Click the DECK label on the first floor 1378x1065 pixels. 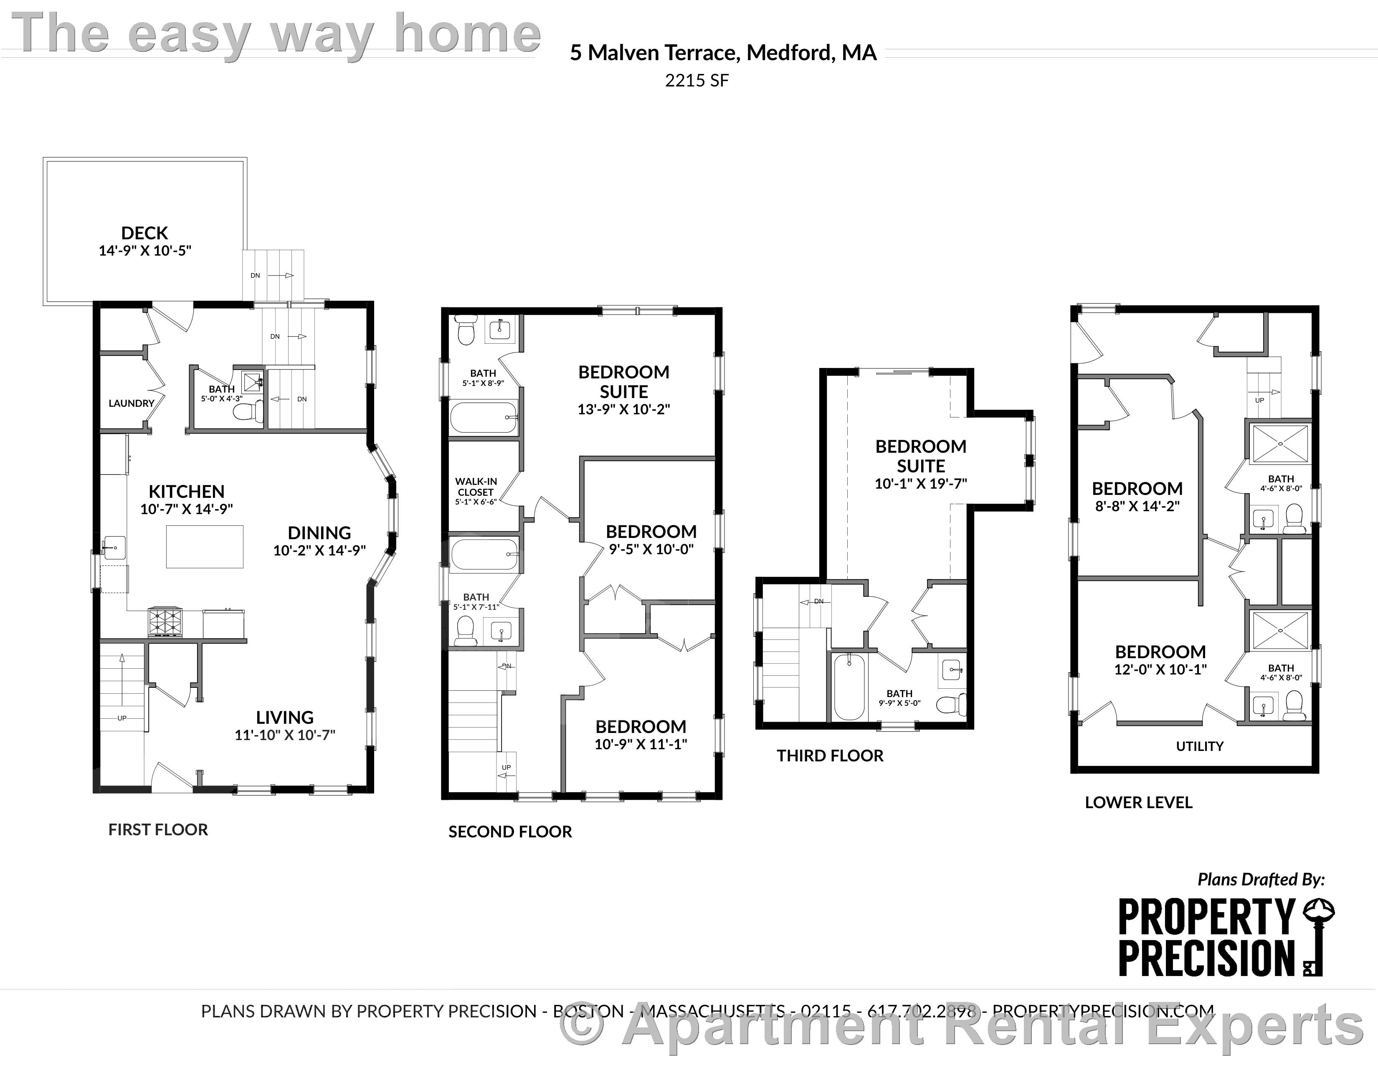tap(144, 233)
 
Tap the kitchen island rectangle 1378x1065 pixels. tap(205, 546)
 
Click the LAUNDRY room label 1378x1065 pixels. tap(131, 403)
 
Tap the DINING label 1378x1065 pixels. tap(319, 532)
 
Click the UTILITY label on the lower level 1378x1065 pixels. tap(1199, 746)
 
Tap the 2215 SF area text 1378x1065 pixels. tap(697, 81)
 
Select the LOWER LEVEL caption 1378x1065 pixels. tap(1138, 803)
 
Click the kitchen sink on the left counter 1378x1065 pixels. tap(114, 546)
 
